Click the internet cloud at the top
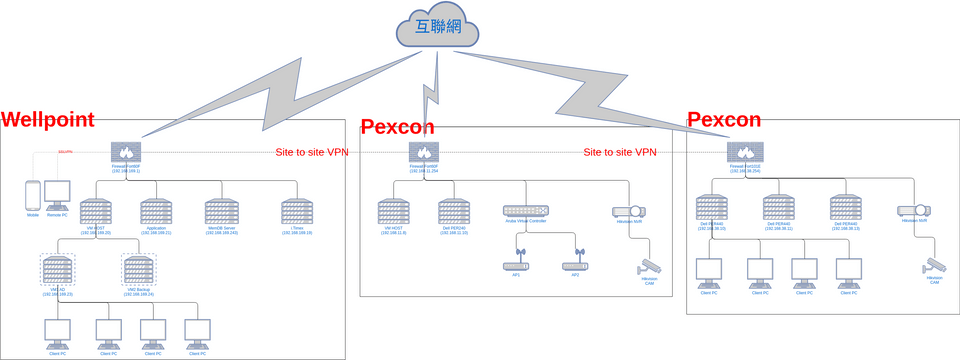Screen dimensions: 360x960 [436, 27]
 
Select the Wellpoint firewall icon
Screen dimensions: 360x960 [127, 153]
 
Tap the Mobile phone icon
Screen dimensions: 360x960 [33, 195]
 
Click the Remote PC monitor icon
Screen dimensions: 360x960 [57, 195]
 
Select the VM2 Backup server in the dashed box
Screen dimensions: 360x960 [139, 269]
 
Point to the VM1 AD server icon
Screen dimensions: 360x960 [57, 269]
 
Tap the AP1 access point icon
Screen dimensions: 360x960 [516, 265]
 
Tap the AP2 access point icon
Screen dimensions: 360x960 [575, 265]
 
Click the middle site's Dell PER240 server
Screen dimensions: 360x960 [453, 212]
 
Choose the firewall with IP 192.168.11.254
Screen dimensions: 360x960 [423, 153]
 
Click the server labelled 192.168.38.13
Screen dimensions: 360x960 [846, 208]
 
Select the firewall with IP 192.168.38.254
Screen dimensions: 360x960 [743, 153]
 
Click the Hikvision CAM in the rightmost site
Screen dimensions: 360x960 [935, 265]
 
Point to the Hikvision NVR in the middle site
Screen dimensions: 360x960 [627, 212]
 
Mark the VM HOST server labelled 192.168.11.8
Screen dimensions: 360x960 [393, 212]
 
